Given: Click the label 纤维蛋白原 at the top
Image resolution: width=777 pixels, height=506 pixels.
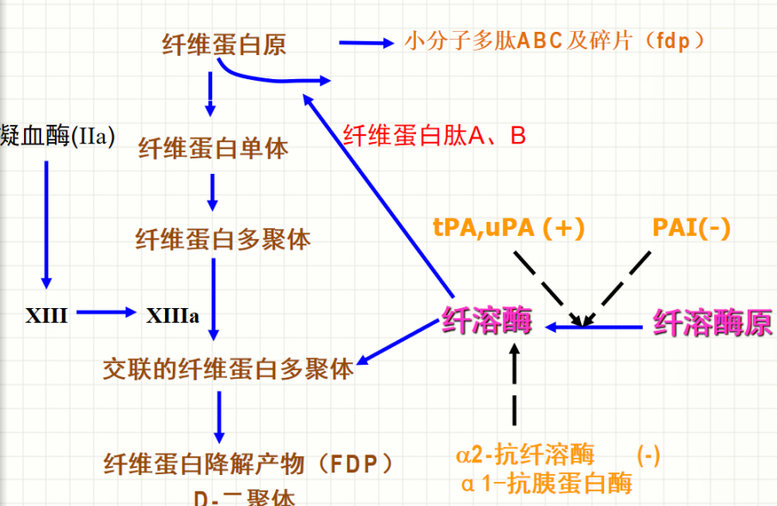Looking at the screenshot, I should (224, 44).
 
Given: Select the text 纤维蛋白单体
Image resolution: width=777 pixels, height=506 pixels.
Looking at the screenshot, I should (213, 148).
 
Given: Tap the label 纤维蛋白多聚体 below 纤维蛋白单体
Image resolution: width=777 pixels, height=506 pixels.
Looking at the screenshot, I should (223, 238).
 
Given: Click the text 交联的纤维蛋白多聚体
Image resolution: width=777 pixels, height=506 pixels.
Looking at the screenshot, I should (228, 370).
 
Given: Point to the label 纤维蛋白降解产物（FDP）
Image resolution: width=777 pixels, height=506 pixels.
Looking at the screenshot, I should (249, 464).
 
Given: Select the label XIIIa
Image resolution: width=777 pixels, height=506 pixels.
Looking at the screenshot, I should (173, 315).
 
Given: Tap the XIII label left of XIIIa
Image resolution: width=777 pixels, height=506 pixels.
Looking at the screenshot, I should (46, 315).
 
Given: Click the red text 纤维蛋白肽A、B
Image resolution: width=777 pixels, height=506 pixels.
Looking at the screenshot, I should (434, 135).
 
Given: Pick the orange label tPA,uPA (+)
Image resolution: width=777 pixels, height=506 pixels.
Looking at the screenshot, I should (509, 227).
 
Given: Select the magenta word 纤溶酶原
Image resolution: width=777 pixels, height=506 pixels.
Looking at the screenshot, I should (713, 324).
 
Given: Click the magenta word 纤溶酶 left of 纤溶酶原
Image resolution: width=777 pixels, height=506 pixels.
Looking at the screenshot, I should (486, 322).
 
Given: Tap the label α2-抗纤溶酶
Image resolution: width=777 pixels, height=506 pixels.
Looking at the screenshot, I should (525, 454).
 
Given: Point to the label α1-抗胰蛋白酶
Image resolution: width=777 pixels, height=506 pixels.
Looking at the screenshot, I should (547, 483).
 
